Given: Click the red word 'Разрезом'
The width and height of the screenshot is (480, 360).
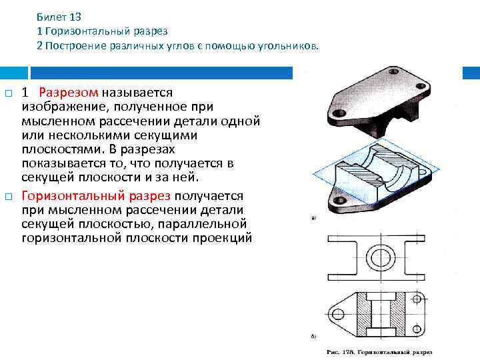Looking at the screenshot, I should (x=70, y=92).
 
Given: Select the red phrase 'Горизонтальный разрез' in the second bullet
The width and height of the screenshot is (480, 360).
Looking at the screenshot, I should (x=96, y=196).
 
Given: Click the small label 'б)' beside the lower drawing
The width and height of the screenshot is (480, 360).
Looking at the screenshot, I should (x=313, y=337).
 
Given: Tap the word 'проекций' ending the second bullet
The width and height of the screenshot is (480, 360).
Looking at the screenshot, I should (x=224, y=237).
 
